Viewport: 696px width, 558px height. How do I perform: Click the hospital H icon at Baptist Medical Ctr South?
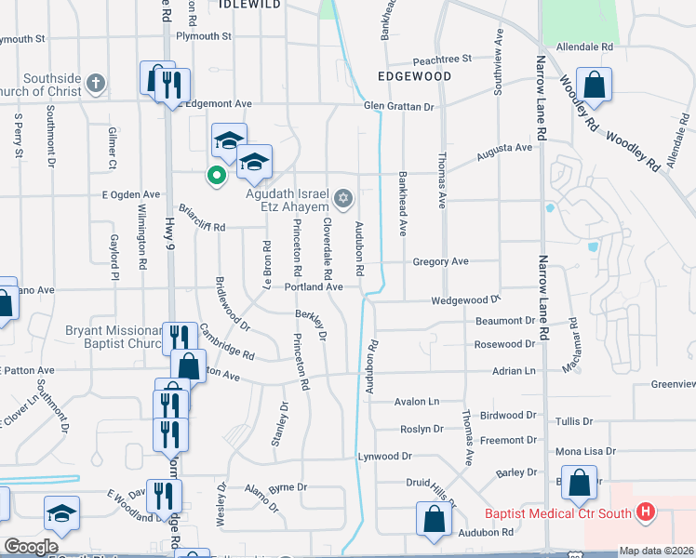(x=644, y=512)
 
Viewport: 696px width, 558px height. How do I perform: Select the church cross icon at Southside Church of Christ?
(x=94, y=85)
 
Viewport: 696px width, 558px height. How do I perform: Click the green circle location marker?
(x=216, y=174)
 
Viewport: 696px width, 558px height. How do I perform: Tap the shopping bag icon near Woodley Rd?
(x=593, y=86)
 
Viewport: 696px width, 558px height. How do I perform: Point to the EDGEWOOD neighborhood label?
(x=414, y=76)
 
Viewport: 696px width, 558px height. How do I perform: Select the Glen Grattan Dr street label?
(x=399, y=107)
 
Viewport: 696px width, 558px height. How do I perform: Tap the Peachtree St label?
(x=442, y=58)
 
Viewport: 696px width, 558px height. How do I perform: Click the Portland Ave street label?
(x=315, y=287)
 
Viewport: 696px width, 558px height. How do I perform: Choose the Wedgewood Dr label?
(x=465, y=300)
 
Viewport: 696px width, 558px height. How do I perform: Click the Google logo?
(x=31, y=547)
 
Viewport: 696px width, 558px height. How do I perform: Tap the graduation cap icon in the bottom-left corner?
(x=61, y=512)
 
